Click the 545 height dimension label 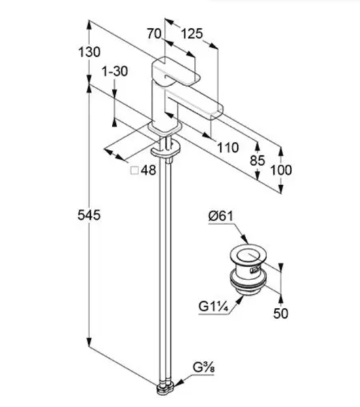click(x=89, y=215)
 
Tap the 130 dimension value click(x=89, y=52)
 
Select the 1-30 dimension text click(x=115, y=71)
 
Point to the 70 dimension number click(x=154, y=34)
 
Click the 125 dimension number click(x=192, y=34)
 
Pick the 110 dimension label click(x=228, y=147)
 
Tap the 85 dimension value click(x=258, y=160)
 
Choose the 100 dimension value click(x=281, y=170)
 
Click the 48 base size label click(x=148, y=170)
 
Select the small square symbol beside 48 click(x=135, y=170)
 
